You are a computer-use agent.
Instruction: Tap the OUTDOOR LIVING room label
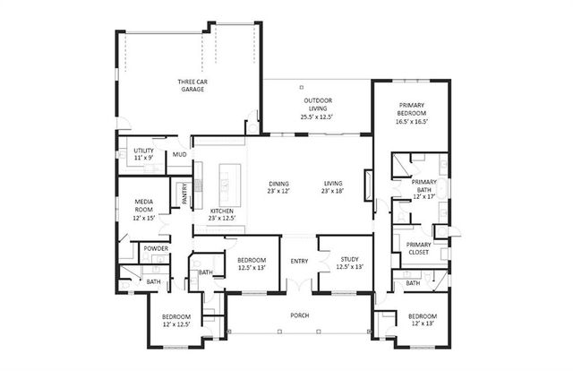[317, 107]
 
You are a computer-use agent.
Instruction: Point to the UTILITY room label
[143, 154]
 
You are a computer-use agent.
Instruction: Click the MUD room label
[180, 155]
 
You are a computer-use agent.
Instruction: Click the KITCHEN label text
[221, 214]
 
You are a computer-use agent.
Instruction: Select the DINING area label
[278, 186]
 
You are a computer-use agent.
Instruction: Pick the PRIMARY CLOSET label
[419, 248]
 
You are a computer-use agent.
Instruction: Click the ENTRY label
[298, 262]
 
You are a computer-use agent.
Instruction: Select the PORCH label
[299, 315]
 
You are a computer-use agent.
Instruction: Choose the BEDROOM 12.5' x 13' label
[252, 263]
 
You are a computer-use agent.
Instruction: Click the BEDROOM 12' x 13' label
[422, 321]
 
